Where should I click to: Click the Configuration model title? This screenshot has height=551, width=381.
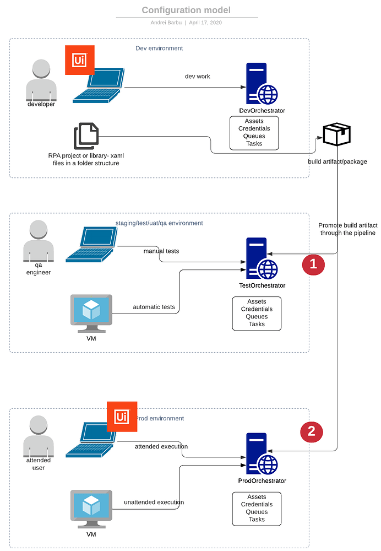[x=186, y=10]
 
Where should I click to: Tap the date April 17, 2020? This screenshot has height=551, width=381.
[x=205, y=23]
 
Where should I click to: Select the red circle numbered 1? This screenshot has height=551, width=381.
[x=313, y=264]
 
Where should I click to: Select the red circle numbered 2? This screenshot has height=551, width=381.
[x=311, y=431]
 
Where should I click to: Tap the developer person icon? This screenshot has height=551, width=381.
[x=41, y=80]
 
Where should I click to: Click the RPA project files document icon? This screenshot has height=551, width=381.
[x=86, y=137]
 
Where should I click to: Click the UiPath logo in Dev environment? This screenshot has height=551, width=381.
[x=80, y=60]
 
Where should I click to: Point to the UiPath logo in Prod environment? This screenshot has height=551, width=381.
[x=122, y=417]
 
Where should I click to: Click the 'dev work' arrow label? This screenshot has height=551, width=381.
[x=197, y=77]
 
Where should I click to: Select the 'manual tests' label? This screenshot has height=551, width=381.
[x=161, y=251]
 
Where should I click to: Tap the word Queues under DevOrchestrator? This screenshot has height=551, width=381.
[x=254, y=136]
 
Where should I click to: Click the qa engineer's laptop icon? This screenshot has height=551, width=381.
[x=92, y=245]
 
